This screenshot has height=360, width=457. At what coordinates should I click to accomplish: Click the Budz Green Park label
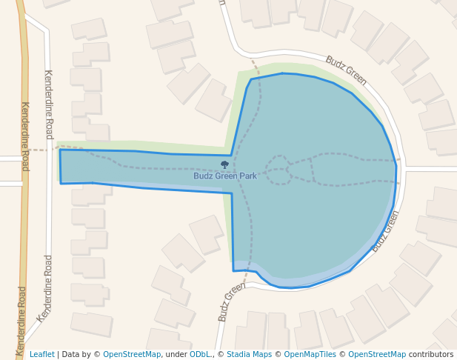click(x=225, y=176)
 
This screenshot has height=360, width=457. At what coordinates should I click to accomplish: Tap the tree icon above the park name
click(x=224, y=164)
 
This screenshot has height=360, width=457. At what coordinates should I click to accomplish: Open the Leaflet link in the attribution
click(x=41, y=355)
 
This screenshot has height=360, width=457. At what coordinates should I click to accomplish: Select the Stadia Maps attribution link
click(x=249, y=355)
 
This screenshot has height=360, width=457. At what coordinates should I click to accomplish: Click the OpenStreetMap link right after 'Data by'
click(x=132, y=355)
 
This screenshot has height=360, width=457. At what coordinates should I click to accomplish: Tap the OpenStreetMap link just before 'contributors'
click(x=377, y=355)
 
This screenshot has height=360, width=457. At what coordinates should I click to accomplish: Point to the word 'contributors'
click(x=431, y=355)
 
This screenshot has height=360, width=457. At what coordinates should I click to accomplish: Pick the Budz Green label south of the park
click(x=231, y=301)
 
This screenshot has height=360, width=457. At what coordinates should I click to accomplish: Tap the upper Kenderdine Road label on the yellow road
click(x=24, y=136)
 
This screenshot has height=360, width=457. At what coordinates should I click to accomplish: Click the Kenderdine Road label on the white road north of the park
click(x=49, y=104)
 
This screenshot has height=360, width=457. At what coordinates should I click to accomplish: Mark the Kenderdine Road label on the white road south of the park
click(x=45, y=289)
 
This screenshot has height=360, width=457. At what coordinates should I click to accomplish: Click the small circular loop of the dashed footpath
click(x=278, y=170)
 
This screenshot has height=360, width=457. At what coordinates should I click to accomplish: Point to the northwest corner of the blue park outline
click(x=60, y=150)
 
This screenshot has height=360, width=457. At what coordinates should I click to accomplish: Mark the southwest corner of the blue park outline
click(x=61, y=183)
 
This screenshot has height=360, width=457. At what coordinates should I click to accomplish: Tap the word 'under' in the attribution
click(x=176, y=355)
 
